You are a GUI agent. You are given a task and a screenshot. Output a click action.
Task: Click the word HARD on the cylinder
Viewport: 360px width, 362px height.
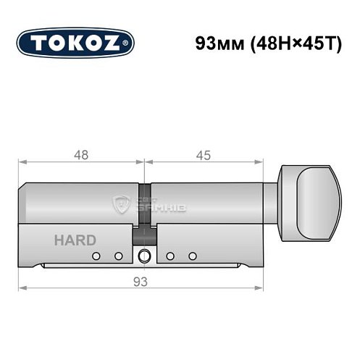click(x=71, y=240)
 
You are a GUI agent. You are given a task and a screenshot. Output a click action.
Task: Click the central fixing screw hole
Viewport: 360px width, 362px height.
click(x=144, y=256)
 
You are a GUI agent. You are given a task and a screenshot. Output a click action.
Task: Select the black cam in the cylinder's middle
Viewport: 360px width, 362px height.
click(x=144, y=235)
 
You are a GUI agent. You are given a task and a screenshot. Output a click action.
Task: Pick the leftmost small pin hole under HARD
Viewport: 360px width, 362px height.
click(x=95, y=256)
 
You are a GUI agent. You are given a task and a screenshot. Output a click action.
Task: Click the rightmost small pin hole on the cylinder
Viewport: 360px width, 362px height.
click(x=193, y=256)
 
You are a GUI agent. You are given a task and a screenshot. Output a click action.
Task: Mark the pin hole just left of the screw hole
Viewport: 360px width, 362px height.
click(x=117, y=256)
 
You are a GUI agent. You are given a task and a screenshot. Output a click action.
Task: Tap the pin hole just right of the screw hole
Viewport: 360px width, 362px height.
click(x=169, y=256)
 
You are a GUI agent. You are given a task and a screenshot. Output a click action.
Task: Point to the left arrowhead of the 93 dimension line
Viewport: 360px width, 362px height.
click(x=22, y=287)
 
